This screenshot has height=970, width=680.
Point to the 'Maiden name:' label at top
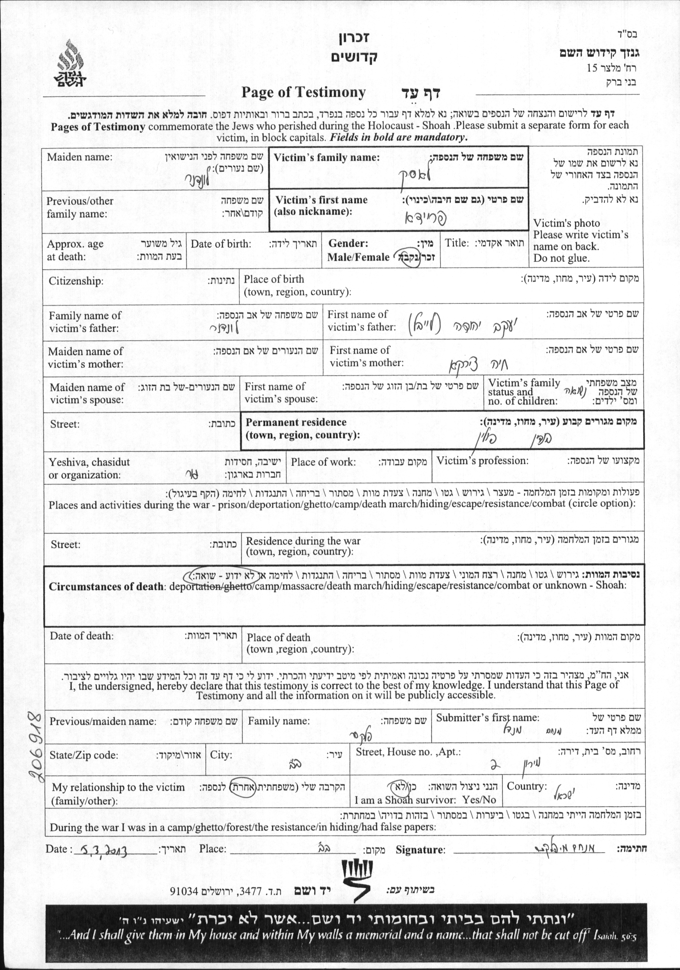80,157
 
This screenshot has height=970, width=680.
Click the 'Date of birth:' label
220,244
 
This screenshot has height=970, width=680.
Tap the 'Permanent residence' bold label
296,422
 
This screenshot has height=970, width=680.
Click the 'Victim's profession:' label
482,461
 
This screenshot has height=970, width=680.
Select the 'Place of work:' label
323,462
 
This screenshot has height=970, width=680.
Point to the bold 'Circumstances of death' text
106,586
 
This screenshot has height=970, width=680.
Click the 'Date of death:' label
81,636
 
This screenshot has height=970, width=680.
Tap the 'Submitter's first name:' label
488,717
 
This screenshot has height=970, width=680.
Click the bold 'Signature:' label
420,850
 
